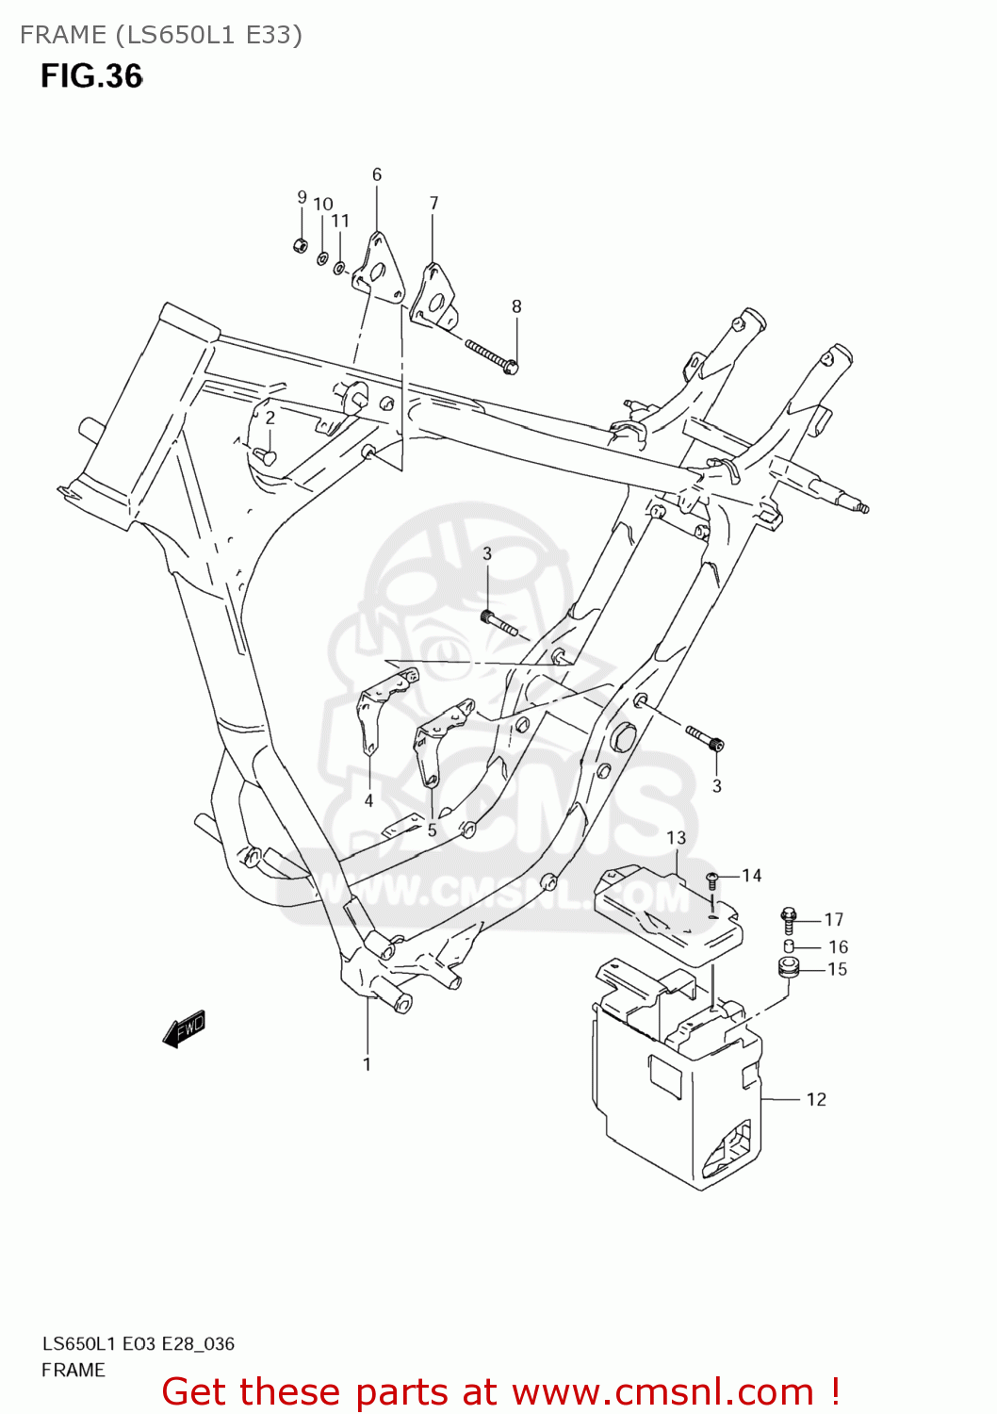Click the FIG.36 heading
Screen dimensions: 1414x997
pyautogui.click(x=91, y=76)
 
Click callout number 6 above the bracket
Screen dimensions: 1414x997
pyautogui.click(x=377, y=174)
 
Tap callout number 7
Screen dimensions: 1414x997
pyautogui.click(x=433, y=203)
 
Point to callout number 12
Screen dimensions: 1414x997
pyautogui.click(x=816, y=1099)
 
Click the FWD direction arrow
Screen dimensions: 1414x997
pyautogui.click(x=185, y=1029)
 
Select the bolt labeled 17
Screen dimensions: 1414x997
pyautogui.click(x=790, y=918)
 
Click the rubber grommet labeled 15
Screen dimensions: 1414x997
pyautogui.click(x=788, y=968)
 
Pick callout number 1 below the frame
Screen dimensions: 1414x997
pyautogui.click(x=367, y=1064)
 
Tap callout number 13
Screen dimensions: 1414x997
pyautogui.click(x=677, y=837)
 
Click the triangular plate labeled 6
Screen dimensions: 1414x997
pyautogui.click(x=379, y=271)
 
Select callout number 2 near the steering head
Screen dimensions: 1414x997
pyautogui.click(x=270, y=418)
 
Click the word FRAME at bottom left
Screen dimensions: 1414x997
pyautogui.click(x=74, y=1370)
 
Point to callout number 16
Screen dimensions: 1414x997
pyautogui.click(x=838, y=946)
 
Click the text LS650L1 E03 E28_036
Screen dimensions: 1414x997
pyautogui.click(x=139, y=1343)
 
